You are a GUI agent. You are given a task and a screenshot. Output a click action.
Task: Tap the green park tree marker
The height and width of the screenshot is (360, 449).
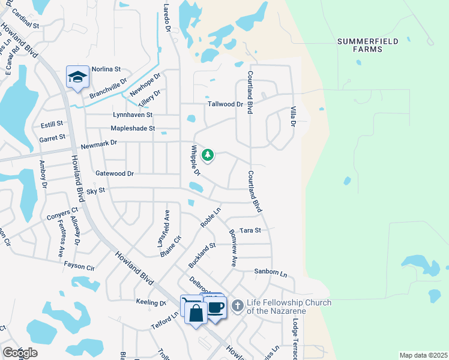(x=208, y=156)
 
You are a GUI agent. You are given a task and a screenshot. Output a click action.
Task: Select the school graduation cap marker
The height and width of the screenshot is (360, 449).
(x=77, y=77)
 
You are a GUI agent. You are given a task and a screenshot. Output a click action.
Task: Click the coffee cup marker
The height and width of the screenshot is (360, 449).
(x=216, y=308)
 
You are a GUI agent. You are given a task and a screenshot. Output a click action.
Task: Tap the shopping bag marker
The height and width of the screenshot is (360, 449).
(x=196, y=313)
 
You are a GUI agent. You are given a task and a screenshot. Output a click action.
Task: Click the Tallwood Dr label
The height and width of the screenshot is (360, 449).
(x=225, y=104)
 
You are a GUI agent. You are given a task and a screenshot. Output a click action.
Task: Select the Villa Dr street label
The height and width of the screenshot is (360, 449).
(x=294, y=115)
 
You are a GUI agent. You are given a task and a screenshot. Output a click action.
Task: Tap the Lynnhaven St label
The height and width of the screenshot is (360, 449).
(x=133, y=115)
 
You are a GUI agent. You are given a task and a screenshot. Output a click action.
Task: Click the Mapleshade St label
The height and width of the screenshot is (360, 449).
(x=133, y=128)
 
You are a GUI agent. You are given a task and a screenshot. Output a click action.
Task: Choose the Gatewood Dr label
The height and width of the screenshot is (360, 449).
(x=114, y=173)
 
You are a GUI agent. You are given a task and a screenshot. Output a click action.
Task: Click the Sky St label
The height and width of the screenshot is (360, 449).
(x=95, y=190)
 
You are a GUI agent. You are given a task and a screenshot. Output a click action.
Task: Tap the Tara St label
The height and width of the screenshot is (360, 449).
(x=250, y=230)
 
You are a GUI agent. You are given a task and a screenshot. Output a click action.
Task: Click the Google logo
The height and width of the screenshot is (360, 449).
(x=20, y=353)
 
